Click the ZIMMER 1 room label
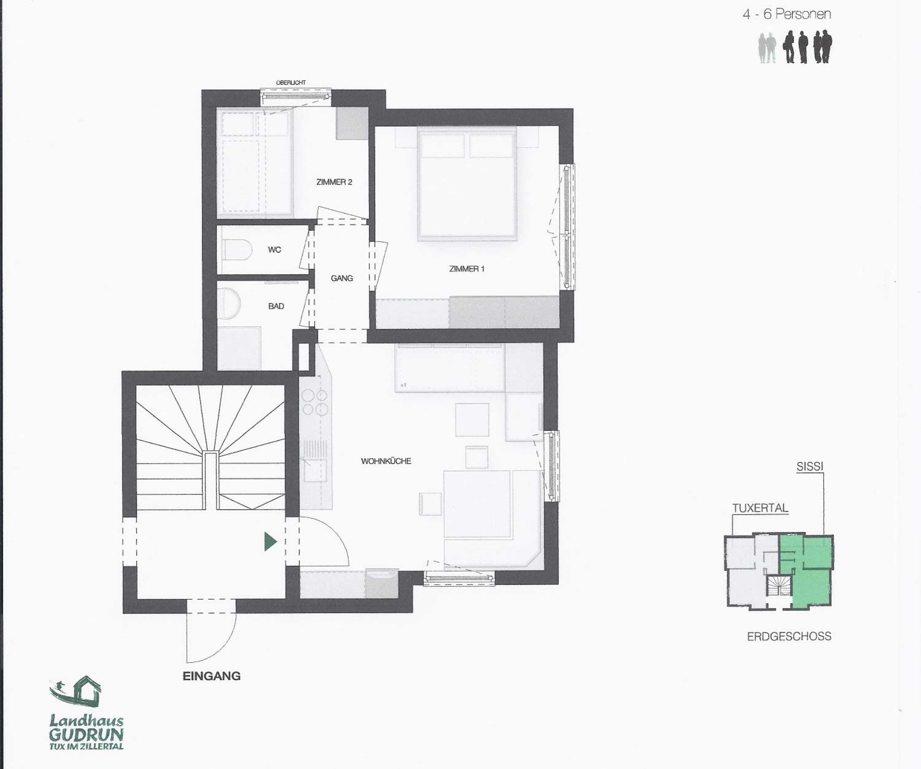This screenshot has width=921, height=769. coord(467,269)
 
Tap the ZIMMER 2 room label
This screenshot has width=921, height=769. coord(334,182)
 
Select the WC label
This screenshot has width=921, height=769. coord(274,250)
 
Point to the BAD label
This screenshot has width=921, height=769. coord(276,306)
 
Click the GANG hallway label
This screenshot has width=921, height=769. coord(342,278)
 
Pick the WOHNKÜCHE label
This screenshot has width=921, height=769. coord(386,461)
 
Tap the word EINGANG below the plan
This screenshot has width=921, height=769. coord(212,676)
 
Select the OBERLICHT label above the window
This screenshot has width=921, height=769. coord(291,83)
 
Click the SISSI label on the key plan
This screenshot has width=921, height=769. coord(810,466)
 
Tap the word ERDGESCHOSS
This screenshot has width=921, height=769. coord(789,636)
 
